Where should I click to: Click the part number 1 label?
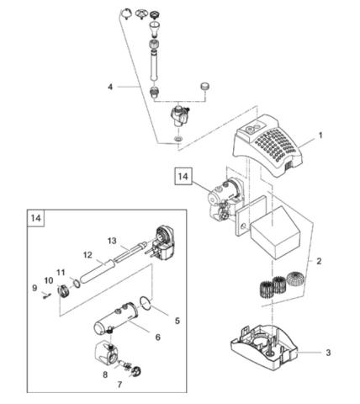pos(320,136)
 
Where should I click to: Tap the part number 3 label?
pos(328,353)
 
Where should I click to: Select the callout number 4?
pos(110,87)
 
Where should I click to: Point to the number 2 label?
pos(319,261)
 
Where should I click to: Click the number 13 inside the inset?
pos(112,241)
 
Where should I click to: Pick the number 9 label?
pos(34,288)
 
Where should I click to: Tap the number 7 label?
pos(119,385)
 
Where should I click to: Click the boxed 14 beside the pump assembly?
pos(183,176)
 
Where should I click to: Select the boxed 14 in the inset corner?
pos(36,218)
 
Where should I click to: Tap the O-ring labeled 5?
pos(146,303)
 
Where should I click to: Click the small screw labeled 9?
pos(46,295)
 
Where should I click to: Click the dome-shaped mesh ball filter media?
pos(294,279)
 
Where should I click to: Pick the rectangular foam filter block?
pos(275,232)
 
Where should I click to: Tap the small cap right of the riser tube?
pos(205,87)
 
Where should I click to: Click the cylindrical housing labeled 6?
pos(115,319)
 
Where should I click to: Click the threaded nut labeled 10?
pos(63,290)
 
